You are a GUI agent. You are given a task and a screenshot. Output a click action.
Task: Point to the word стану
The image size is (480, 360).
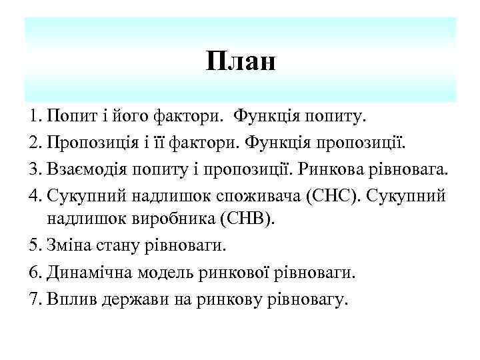pyautogui.click(x=115, y=245)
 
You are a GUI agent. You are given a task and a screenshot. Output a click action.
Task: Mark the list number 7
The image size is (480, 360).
pyautogui.click(x=35, y=299)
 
